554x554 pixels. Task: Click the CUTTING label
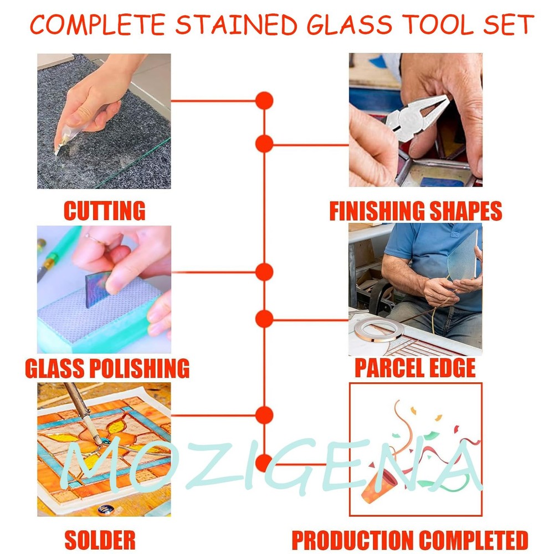tap(104, 211)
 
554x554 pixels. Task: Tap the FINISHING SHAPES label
tap(416, 211)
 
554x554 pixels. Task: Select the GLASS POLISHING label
tap(107, 367)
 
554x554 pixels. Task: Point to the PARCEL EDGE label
tap(415, 367)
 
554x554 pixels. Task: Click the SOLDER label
tap(100, 539)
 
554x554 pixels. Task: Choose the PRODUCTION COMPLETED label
tap(410, 539)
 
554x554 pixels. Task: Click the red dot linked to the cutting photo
tap(264, 101)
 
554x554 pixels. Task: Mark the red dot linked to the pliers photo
tap(264, 144)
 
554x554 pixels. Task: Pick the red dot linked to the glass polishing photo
tap(264, 272)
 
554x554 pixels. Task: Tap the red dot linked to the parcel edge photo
tap(264, 319)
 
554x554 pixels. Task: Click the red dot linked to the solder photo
tap(264, 415)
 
